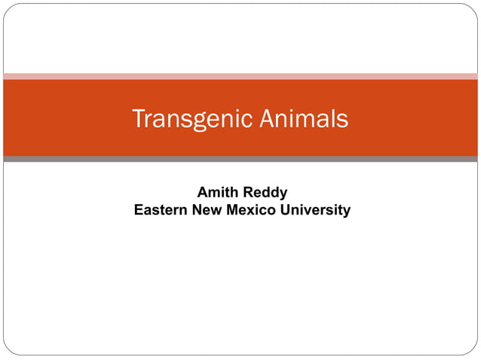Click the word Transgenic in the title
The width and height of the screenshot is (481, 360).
pos(193,118)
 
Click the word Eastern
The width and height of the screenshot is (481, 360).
pos(162,210)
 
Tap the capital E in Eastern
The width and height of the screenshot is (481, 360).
pos(138,210)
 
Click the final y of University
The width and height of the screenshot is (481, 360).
pos(346,212)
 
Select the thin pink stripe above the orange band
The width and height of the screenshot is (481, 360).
pos(240,76)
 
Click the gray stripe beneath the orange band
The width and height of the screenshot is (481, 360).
pos(240,159)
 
